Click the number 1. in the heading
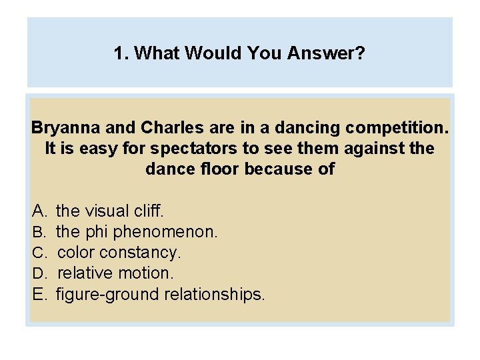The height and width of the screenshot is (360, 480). coord(121,53)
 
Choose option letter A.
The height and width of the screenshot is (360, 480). coord(38,211)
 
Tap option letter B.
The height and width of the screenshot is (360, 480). coord(38,233)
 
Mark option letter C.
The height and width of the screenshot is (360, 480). coord(38,253)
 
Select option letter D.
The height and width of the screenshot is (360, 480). coord(38,274)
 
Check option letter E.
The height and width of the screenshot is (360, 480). coord(38,295)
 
